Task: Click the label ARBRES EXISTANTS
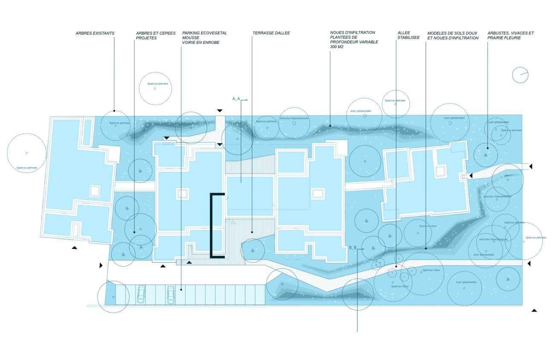click(x=95, y=33)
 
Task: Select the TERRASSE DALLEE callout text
click(x=271, y=33)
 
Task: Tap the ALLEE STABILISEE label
click(x=408, y=35)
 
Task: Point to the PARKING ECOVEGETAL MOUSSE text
click(x=204, y=35)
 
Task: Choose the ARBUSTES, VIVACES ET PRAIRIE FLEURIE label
click(x=511, y=35)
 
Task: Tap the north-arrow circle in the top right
click(x=520, y=75)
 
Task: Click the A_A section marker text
click(x=236, y=98)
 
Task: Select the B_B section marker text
click(x=353, y=248)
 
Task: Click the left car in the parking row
click(x=141, y=294)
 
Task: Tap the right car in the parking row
click(x=170, y=294)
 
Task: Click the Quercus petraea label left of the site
click(x=26, y=167)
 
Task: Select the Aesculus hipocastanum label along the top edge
click(x=294, y=118)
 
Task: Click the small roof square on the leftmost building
click(x=94, y=190)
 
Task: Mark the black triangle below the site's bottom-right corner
click(x=534, y=311)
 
